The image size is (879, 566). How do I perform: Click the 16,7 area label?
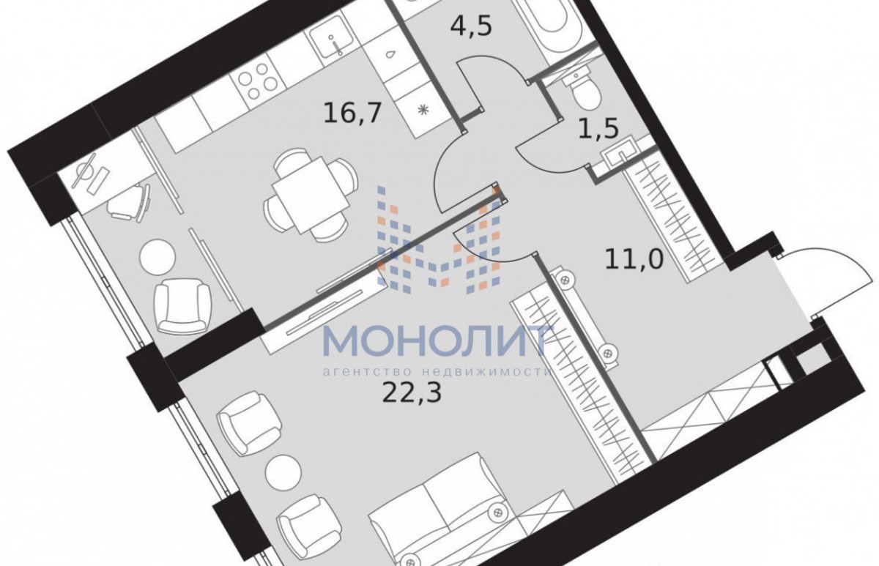coord(352,113)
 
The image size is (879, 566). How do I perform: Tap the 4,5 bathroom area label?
coord(471,26)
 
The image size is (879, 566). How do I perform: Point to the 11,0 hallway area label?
coord(634,259)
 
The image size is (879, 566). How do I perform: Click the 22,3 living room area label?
coord(412,392)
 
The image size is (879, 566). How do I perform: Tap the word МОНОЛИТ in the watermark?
coord(437,342)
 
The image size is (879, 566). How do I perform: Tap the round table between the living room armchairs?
coord(283,473)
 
